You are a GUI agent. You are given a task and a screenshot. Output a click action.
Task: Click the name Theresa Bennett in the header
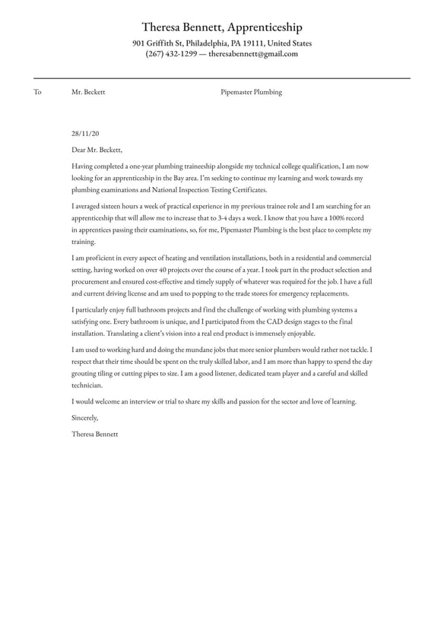[x=183, y=27]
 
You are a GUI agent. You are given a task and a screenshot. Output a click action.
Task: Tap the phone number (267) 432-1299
[x=171, y=54]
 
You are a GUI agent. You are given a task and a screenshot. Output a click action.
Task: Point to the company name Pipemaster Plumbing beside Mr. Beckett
[x=251, y=92]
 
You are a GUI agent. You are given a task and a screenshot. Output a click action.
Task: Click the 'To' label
[x=37, y=92]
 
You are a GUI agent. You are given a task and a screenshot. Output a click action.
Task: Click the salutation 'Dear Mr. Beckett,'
[x=97, y=150]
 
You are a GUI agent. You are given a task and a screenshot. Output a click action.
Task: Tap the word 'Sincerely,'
[x=85, y=417]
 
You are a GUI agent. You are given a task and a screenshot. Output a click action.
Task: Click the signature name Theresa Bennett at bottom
[x=95, y=434]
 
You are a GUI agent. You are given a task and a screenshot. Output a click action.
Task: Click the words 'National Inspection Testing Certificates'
[x=205, y=189]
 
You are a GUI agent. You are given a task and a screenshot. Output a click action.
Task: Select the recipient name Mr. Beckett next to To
[x=88, y=92]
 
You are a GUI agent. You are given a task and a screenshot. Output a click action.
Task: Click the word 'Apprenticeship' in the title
[x=262, y=27]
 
